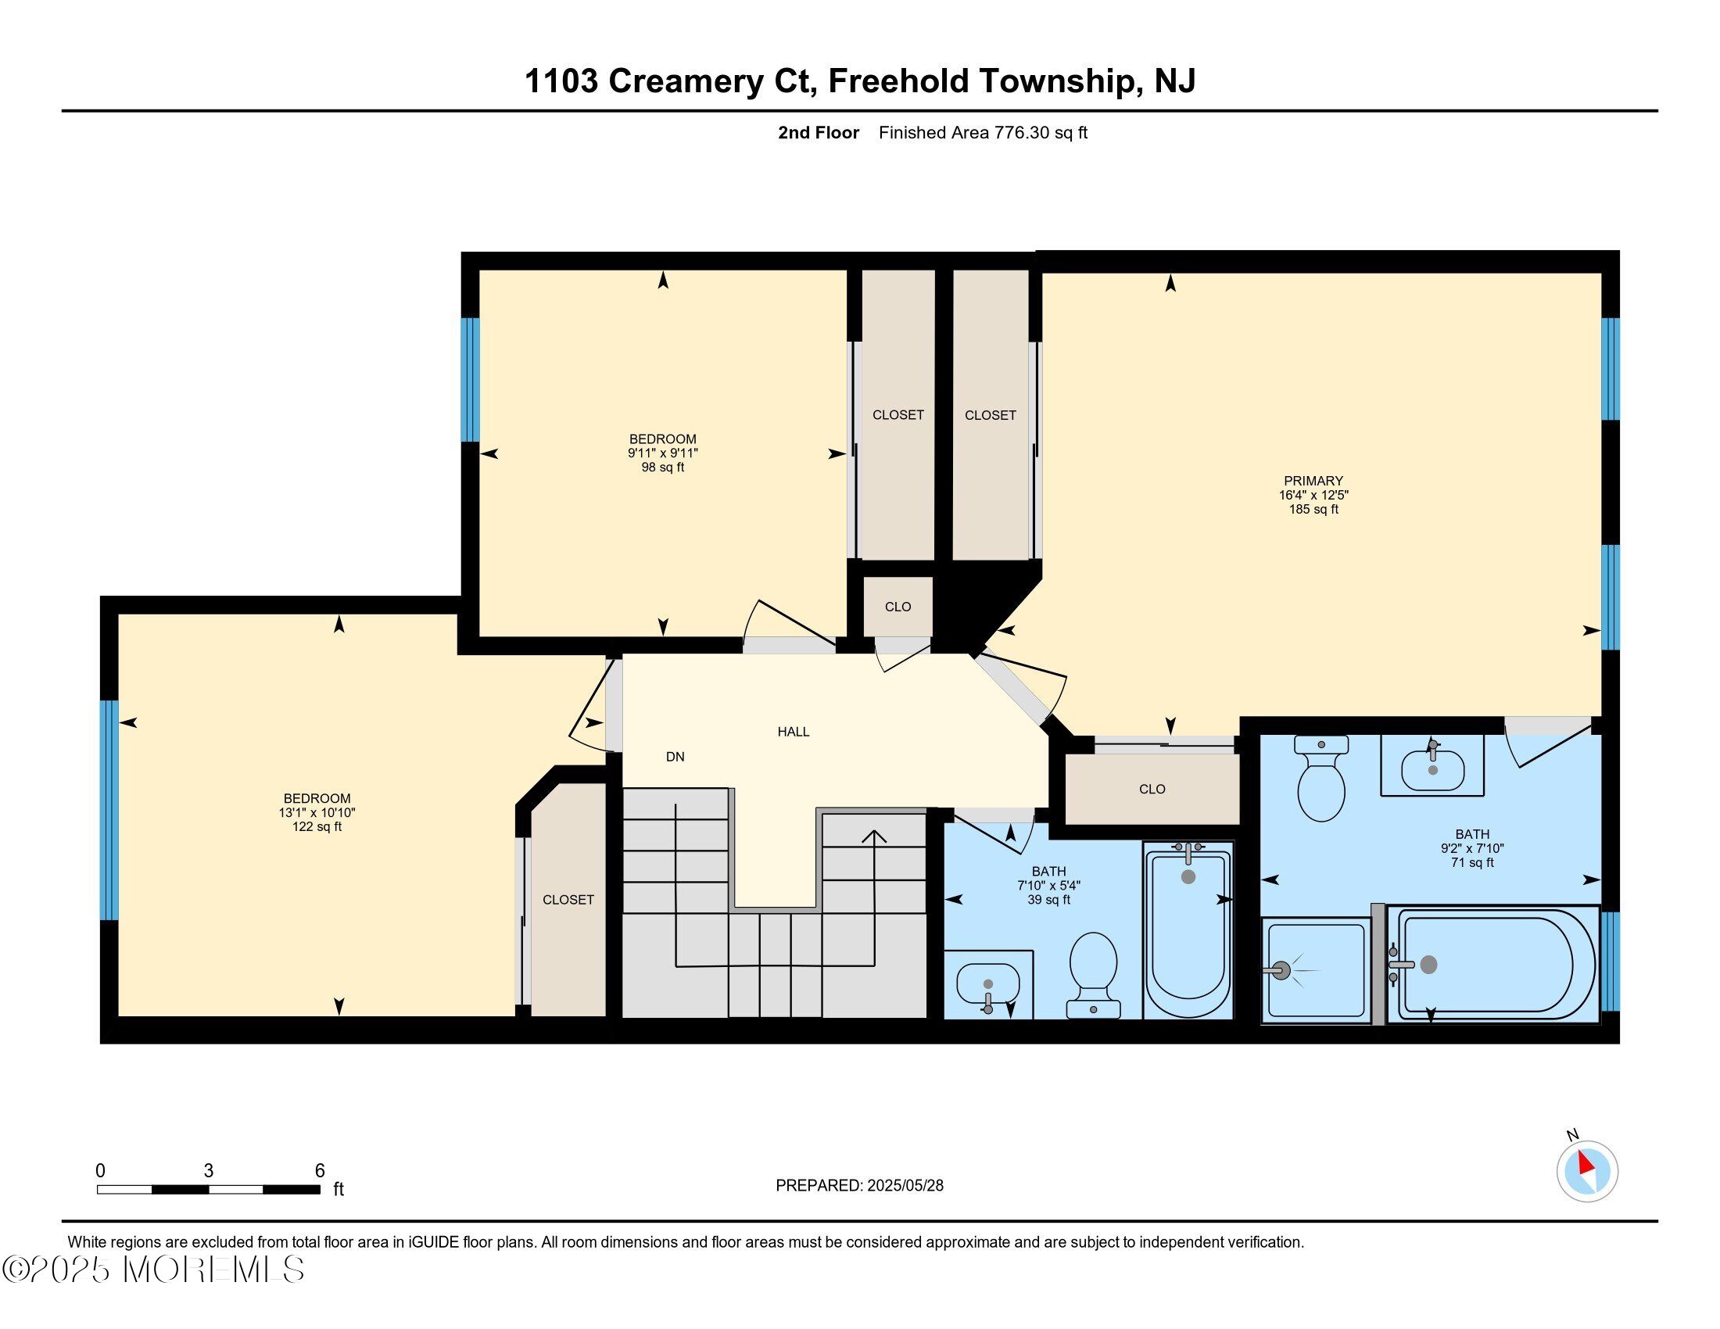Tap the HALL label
pos(793,732)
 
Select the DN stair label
pos(675,757)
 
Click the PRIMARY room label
pos(1313,480)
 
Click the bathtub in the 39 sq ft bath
pos(1188,930)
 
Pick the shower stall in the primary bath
pos(1316,970)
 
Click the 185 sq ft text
pos(1313,510)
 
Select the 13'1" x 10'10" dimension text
pos(317,812)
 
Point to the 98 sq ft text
pos(662,467)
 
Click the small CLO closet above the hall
pos(898,606)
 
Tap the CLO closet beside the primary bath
pos(1152,789)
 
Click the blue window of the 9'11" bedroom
pos(470,379)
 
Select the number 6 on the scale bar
pos(320,1171)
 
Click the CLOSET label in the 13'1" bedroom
pos(568,900)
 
